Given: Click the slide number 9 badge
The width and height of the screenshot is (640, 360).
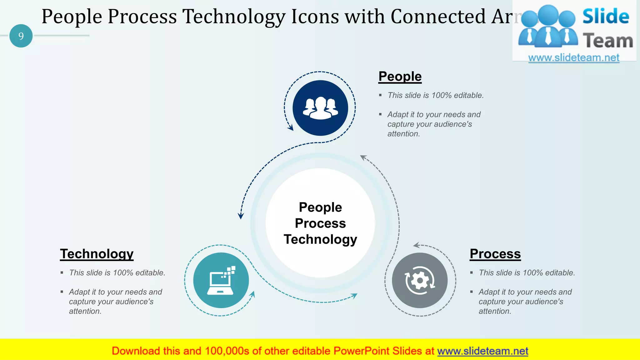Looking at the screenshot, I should tap(21, 36).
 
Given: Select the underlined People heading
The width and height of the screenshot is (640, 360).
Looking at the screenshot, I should tap(400, 77).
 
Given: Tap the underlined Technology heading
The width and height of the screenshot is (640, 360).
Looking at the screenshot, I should tap(97, 254).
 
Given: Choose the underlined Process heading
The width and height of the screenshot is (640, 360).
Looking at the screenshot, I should tap(495, 254).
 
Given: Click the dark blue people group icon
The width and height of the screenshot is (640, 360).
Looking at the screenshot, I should tap(320, 108).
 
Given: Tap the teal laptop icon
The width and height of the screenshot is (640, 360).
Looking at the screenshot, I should tap(221, 280).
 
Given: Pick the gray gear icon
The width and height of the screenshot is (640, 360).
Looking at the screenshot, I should tap(420, 280).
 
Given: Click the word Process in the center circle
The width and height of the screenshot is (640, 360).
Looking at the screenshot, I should tap(320, 223).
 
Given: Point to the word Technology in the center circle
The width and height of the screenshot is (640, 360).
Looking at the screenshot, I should tap(320, 239).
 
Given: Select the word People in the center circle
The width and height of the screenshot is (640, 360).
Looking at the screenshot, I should tap(320, 207).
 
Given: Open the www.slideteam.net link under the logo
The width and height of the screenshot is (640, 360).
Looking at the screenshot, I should tap(574, 58).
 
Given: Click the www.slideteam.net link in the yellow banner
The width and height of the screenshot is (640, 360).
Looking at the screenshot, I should tap(482, 351).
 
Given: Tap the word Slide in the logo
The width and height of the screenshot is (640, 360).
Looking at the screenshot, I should tap(606, 17).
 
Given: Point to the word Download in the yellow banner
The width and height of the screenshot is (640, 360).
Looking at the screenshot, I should tap(136, 351).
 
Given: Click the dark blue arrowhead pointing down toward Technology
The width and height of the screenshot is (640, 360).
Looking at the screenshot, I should tap(241, 216).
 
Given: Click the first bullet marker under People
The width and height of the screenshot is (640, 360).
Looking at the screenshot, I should tap(380, 95).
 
